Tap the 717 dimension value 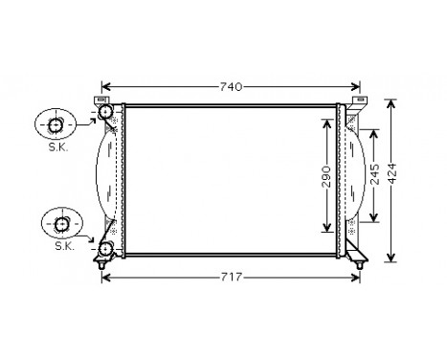tap(234, 278)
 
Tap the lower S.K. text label tap(64, 246)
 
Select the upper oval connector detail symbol tap(54, 125)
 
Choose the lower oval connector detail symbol tap(61, 224)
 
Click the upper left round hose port tap(105, 114)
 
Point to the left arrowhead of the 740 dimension tap(106, 86)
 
